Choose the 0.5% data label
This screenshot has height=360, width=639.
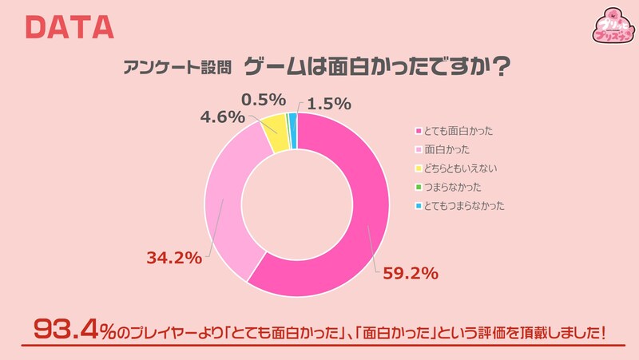tap(263, 99)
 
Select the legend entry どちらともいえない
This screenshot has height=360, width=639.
tap(464, 168)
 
